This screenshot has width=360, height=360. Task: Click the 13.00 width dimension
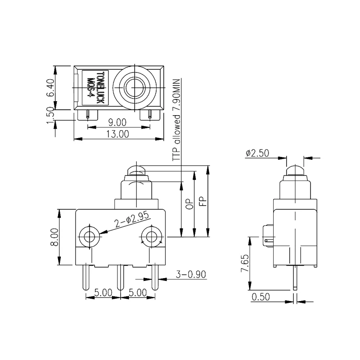tap(118, 134)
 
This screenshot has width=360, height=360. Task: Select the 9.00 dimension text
tap(118, 122)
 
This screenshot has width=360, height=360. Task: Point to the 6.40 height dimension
tap(50, 88)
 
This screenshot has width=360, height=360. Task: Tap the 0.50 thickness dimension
tap(261, 297)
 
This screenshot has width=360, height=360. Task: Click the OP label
tap(189, 203)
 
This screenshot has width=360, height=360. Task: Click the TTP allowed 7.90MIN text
tap(176, 119)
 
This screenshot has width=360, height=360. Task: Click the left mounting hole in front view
tap(89, 236)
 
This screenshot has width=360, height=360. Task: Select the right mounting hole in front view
tap(151, 236)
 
